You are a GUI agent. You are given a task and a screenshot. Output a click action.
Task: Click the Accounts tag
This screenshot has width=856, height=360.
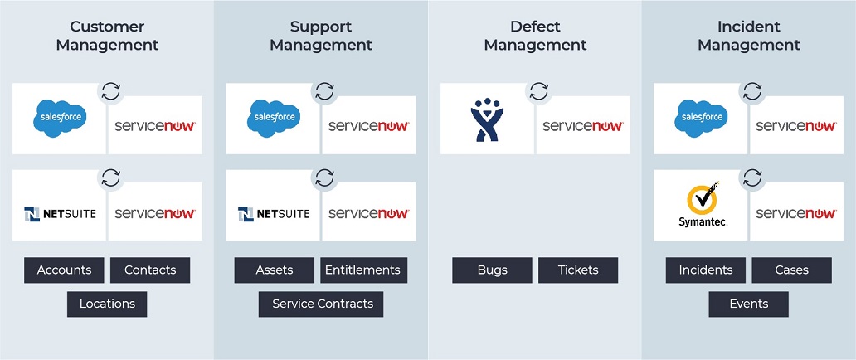coord(64,270)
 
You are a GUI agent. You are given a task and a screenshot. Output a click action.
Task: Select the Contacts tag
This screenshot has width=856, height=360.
coord(150,270)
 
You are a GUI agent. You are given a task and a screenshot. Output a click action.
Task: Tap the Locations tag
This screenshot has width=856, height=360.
coord(107,304)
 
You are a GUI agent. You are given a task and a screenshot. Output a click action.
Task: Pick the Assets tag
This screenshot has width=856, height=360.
coord(274,270)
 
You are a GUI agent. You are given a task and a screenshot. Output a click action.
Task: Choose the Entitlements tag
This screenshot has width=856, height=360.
coord(362,270)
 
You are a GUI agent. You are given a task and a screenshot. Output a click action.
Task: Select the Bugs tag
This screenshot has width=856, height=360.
coord(492,270)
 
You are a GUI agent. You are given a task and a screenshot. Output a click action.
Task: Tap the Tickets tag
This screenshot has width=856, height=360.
coord(578,270)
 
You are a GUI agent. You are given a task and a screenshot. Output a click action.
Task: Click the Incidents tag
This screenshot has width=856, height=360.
coord(706,270)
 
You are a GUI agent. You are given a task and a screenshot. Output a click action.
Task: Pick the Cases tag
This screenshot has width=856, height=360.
coord(791,270)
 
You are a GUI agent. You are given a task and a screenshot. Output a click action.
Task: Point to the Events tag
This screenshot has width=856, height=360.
coord(748,304)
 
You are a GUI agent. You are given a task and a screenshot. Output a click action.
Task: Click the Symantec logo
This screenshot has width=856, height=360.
coord(702,208)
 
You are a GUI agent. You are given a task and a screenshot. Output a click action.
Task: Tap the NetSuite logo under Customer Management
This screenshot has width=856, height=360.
coord(60,213)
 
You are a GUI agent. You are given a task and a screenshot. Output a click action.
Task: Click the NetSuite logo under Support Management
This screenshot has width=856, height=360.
coord(274,213)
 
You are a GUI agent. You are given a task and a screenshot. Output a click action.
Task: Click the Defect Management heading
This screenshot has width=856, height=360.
coord(535,36)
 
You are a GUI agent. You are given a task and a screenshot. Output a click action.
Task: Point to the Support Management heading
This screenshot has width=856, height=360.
coord(321,36)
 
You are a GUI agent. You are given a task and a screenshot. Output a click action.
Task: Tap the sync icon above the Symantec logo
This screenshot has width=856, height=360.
coord(752,178)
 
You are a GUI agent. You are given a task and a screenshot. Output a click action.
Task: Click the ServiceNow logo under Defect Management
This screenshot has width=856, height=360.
coord(583,126)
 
